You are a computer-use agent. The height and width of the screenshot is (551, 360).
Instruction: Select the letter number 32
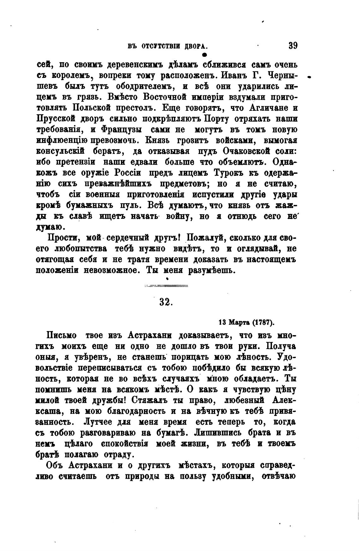coord(165,301)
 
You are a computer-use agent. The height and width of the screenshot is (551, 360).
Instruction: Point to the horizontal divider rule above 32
coord(166,286)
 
